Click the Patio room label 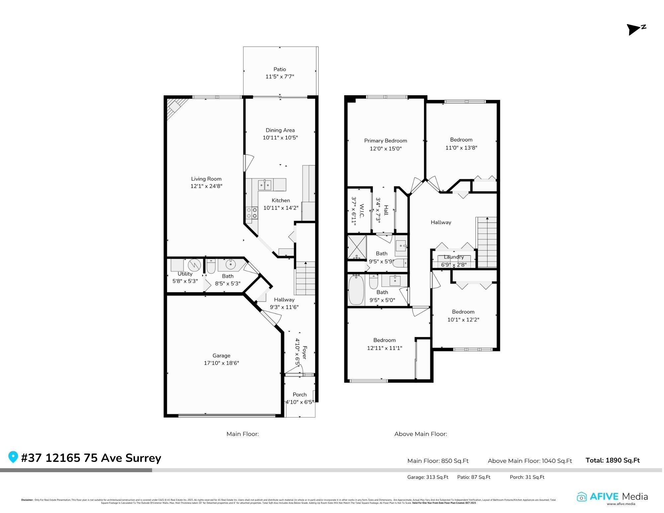click(280, 69)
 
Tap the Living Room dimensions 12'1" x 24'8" click(206, 186)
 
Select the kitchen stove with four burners click(252, 213)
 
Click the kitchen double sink click(265, 185)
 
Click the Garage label click(221, 356)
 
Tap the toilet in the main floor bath click(211, 266)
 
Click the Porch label click(299, 394)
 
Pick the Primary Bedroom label click(385, 141)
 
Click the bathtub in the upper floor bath click(357, 290)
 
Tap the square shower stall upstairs click(357, 247)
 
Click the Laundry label click(454, 257)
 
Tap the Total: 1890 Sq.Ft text click(613, 460)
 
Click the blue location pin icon click(13, 457)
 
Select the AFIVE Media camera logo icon click(582, 497)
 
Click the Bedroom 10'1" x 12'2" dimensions click(463, 320)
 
